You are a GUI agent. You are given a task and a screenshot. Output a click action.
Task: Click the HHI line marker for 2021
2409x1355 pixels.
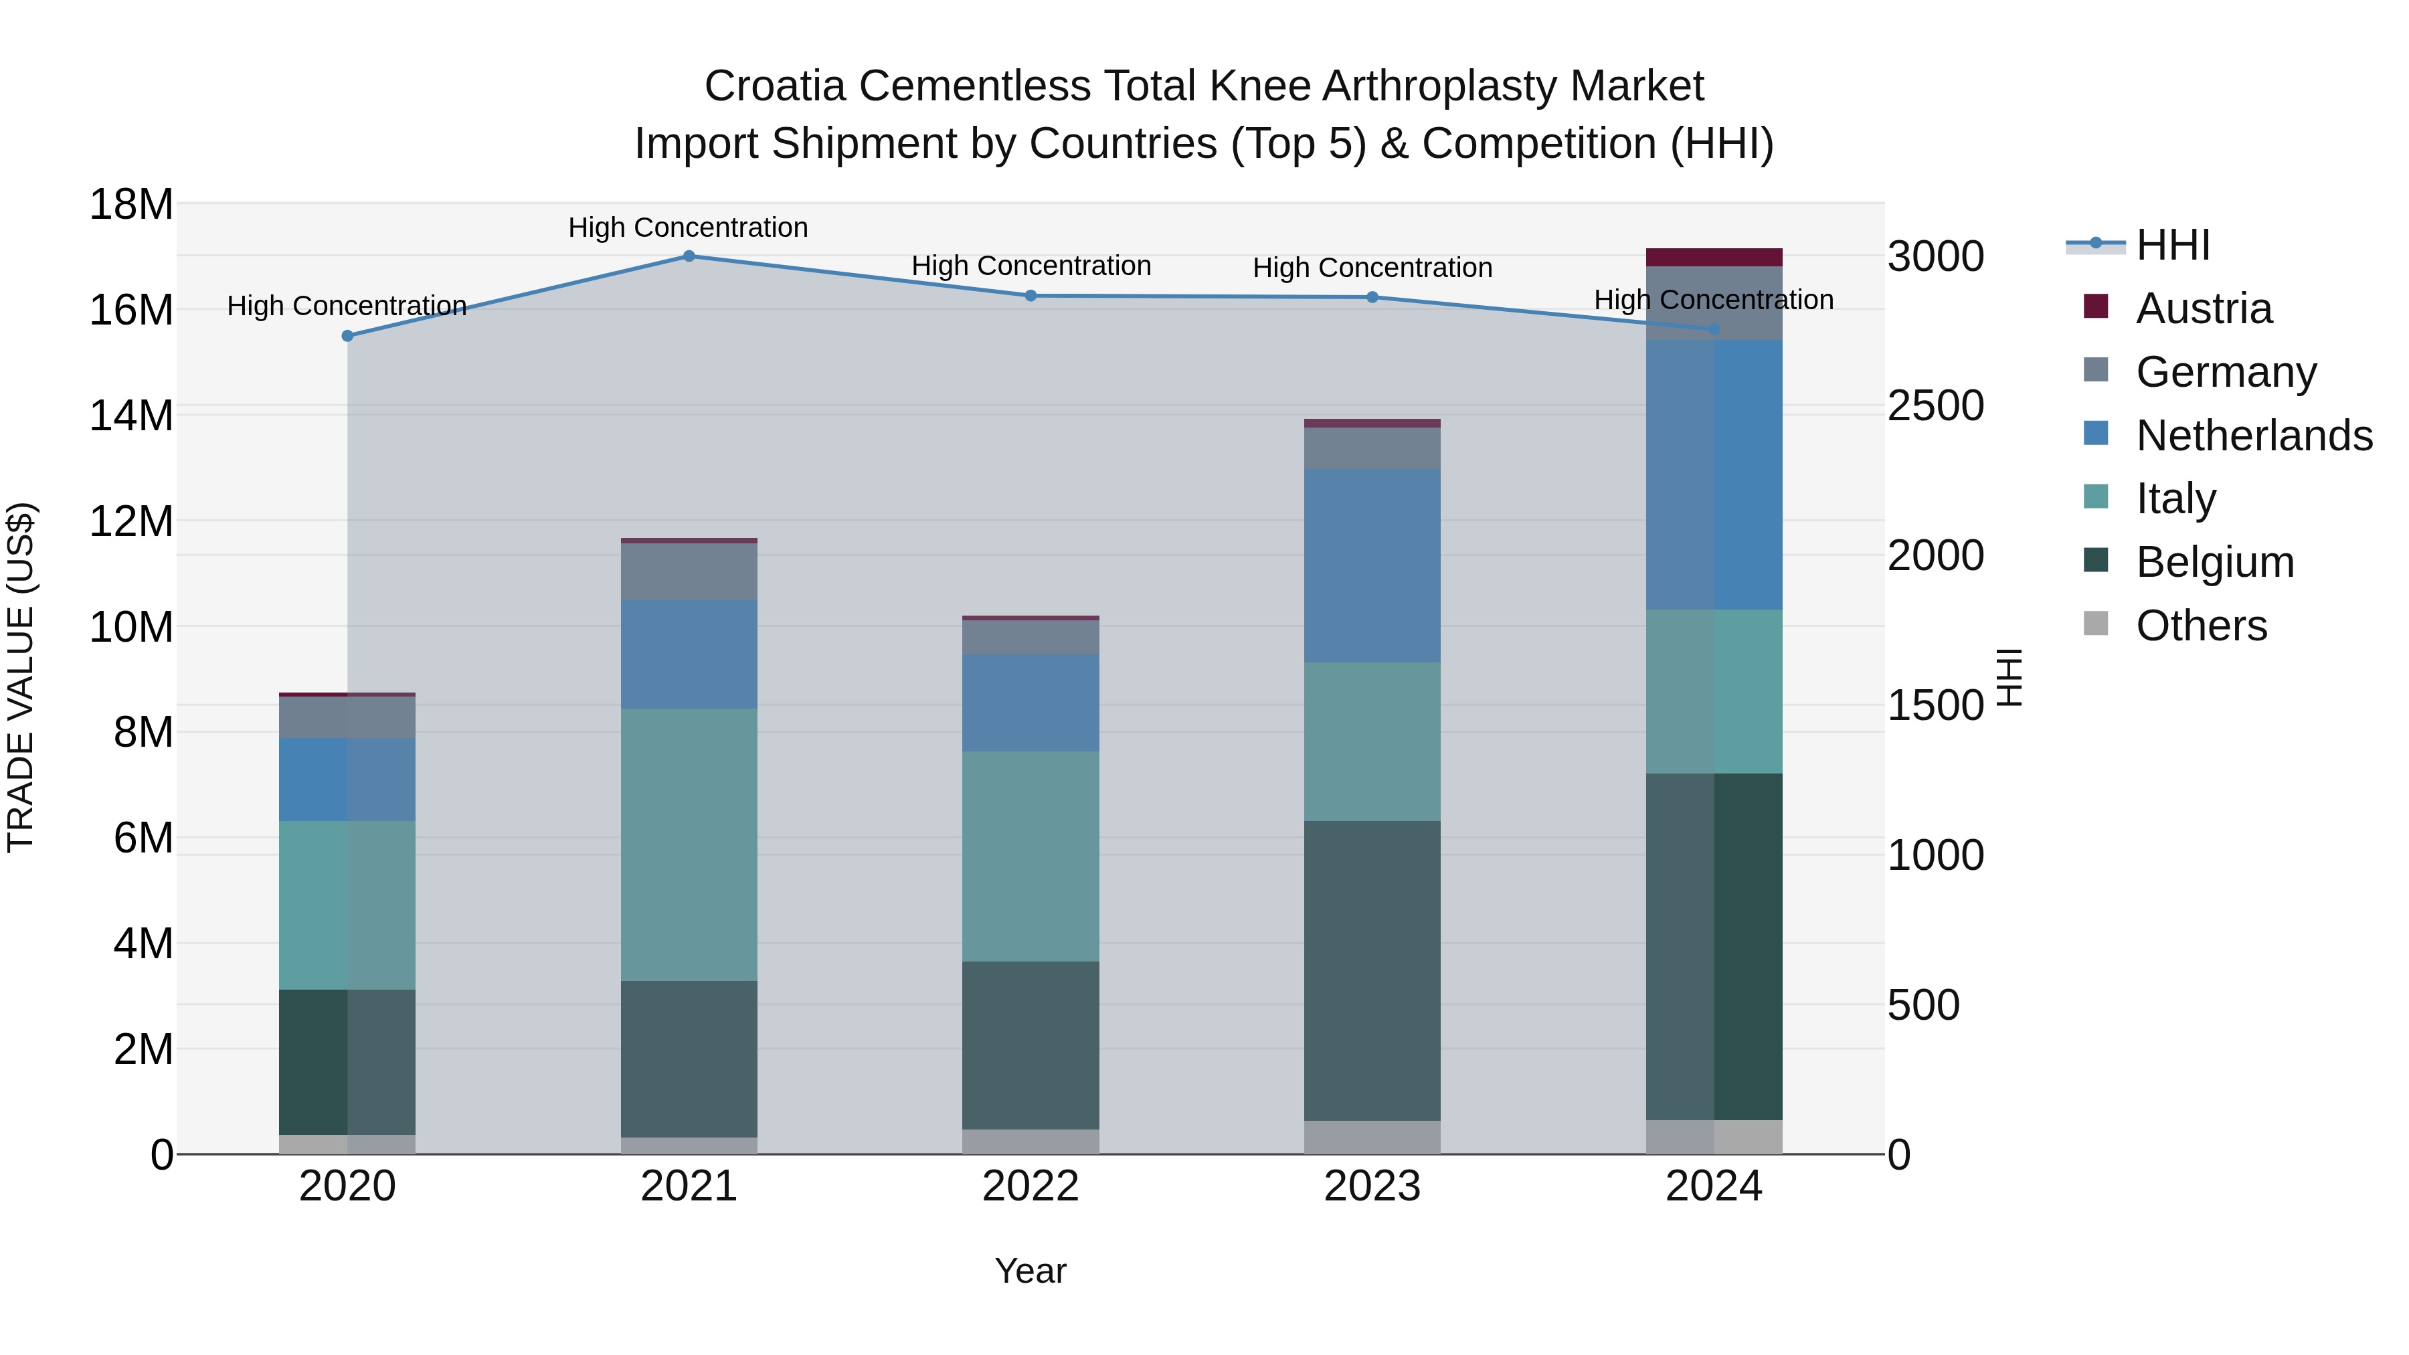pyautogui.click(x=689, y=256)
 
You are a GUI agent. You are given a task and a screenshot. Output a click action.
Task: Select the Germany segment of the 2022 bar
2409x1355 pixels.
pyautogui.click(x=1031, y=638)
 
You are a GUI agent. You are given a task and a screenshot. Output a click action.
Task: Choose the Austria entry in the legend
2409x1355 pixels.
pyautogui.click(x=2204, y=308)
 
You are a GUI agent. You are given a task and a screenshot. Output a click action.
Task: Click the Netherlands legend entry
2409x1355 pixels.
pyautogui.click(x=2254, y=436)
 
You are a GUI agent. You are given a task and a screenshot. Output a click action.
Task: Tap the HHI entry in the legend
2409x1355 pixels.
pyautogui.click(x=2172, y=245)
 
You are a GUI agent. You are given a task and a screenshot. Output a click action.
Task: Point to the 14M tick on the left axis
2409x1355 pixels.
pyautogui.click(x=131, y=415)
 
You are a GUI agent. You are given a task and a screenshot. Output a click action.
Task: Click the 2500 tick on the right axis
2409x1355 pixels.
pyautogui.click(x=1935, y=406)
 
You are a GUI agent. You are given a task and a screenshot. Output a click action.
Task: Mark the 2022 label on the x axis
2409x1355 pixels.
pyautogui.click(x=1031, y=1186)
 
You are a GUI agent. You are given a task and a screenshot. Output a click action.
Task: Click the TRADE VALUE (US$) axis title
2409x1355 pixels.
pyautogui.click(x=21, y=677)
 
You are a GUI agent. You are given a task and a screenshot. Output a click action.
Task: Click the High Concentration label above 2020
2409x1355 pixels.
pyautogui.click(x=346, y=306)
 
